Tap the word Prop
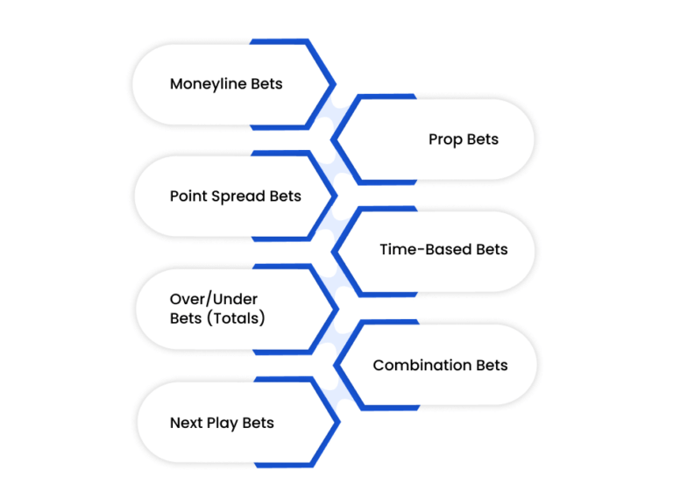(x=445, y=140)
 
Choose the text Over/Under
(x=214, y=299)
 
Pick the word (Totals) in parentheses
(x=236, y=318)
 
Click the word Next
(x=187, y=423)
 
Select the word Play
(x=222, y=423)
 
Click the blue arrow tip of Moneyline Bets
(x=335, y=85)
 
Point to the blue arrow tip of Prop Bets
(x=332, y=139)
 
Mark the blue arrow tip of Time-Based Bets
(x=333, y=252)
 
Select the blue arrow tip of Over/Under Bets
(x=337, y=310)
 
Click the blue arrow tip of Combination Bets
(x=336, y=366)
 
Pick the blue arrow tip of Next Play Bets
(x=339, y=423)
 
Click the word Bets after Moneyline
(x=266, y=83)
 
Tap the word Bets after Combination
(x=492, y=365)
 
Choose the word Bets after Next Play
(x=258, y=423)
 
